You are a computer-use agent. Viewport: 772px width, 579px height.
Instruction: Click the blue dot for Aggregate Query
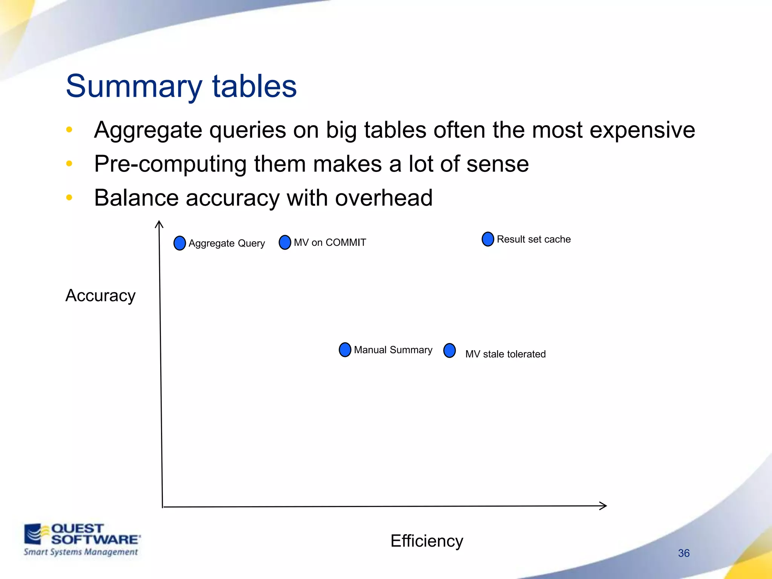coord(179,243)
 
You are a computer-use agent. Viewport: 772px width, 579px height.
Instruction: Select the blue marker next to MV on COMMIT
coord(285,242)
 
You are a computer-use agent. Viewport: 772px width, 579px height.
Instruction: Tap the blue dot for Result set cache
coord(488,239)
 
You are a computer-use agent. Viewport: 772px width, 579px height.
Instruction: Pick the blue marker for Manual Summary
coord(345,350)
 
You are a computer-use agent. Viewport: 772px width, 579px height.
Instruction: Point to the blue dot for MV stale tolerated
coord(449,351)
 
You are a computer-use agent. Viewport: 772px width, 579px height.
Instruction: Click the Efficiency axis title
coord(426,541)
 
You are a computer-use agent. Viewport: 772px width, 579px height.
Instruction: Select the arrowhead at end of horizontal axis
coord(604,506)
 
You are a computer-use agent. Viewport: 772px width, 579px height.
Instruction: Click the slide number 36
coord(683,553)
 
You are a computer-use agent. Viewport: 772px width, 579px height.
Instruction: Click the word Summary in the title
coord(134,87)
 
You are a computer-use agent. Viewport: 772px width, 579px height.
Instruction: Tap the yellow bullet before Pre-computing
coord(69,164)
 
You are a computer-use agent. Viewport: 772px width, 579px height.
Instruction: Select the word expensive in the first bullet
coord(642,130)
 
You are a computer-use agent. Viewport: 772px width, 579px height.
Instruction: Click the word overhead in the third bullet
coord(383,198)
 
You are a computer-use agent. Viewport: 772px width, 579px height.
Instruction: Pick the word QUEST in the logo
coord(77,528)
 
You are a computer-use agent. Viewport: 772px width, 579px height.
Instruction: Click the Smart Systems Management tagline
coord(81,552)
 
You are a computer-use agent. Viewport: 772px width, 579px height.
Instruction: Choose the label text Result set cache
coord(533,239)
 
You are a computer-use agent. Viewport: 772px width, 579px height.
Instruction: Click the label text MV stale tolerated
coord(505,354)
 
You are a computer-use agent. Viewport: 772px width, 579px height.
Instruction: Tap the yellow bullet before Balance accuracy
coord(69,198)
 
